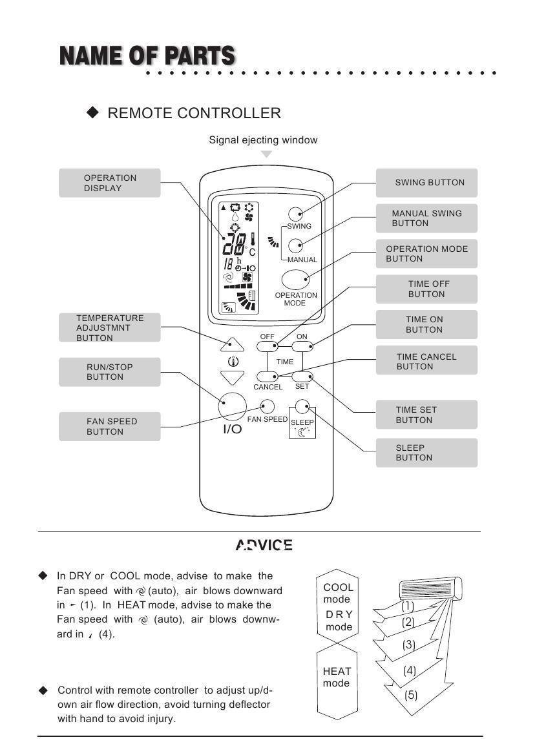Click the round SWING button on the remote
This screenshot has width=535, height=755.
tap(296, 214)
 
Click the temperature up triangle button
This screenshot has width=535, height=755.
tap(232, 343)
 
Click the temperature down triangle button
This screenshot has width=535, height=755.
tap(232, 377)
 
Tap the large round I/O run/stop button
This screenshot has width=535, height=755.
tap(232, 406)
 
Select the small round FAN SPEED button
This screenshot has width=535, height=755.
tap(267, 406)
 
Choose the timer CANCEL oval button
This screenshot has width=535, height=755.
tap(267, 377)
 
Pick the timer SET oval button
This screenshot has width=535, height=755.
tap(302, 377)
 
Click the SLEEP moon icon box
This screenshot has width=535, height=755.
tap(302, 426)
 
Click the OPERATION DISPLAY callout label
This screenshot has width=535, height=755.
tap(109, 183)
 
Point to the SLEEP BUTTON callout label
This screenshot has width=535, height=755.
tap(426, 453)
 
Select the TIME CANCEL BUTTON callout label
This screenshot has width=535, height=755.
tap(426, 361)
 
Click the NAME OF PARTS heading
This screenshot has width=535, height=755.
tap(147, 56)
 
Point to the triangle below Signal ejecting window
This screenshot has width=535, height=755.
tap(266, 154)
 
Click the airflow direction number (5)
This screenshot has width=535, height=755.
tap(411, 696)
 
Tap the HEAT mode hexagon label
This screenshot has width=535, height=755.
tap(336, 677)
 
